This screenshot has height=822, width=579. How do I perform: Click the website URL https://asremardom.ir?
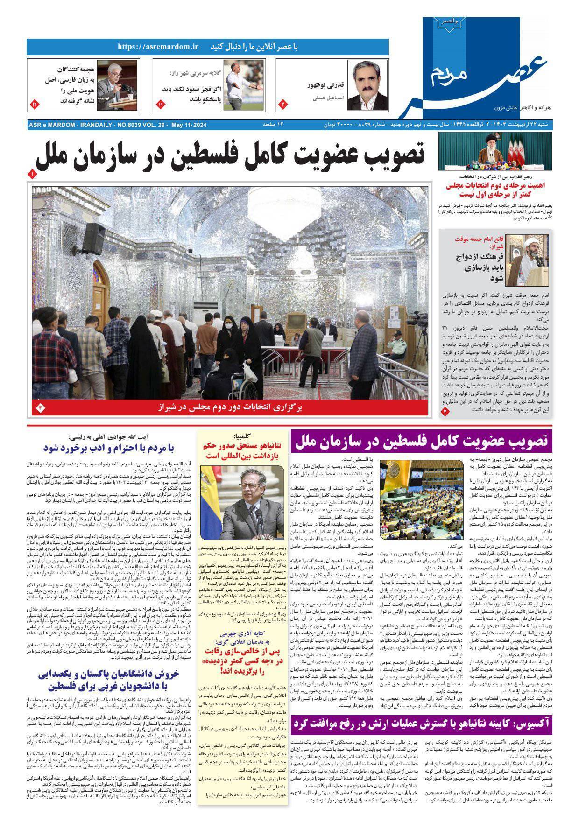click(x=158, y=47)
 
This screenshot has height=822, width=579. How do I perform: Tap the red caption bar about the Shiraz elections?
click(x=229, y=407)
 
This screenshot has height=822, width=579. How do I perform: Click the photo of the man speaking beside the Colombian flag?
click(x=242, y=504)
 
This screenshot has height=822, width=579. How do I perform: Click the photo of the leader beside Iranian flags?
click(x=494, y=151)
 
